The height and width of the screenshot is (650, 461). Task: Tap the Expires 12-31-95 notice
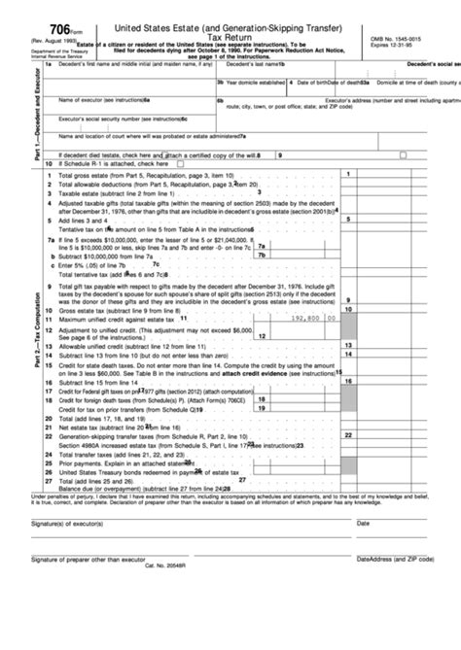393,45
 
